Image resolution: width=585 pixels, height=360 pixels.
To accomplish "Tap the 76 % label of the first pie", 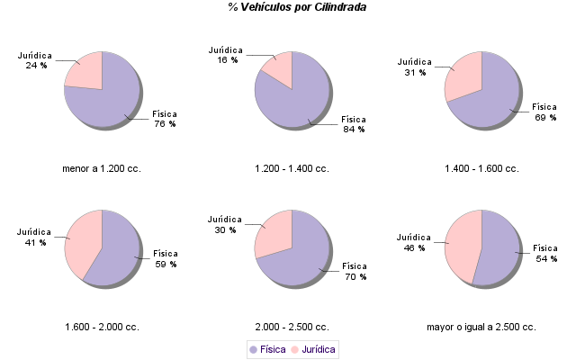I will pyautogui.click(x=165, y=119).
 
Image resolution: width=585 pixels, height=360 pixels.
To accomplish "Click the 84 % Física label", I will pyautogui.click(x=354, y=124).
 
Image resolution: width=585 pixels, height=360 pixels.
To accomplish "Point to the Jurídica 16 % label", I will pyautogui.click(x=227, y=55).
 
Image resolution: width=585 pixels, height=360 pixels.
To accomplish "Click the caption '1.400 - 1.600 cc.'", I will pyautogui.click(x=481, y=168).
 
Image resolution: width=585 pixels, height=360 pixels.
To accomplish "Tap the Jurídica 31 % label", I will pyautogui.click(x=415, y=67).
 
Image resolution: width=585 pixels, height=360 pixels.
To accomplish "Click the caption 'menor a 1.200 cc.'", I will pyautogui.click(x=101, y=168).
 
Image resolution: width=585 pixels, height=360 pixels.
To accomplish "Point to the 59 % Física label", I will pyautogui.click(x=166, y=259).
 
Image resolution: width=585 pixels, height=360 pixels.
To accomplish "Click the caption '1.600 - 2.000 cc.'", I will pyautogui.click(x=102, y=327).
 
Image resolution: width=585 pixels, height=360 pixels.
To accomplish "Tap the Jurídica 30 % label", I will pyautogui.click(x=225, y=224).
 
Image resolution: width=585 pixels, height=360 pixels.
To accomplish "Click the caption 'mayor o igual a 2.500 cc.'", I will pyautogui.click(x=481, y=327).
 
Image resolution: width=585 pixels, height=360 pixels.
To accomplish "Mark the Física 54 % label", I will pyautogui.click(x=545, y=253).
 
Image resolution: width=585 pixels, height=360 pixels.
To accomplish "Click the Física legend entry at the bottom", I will pyautogui.click(x=266, y=348).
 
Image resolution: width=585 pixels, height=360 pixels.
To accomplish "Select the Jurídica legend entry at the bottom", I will pyautogui.click(x=313, y=348).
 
